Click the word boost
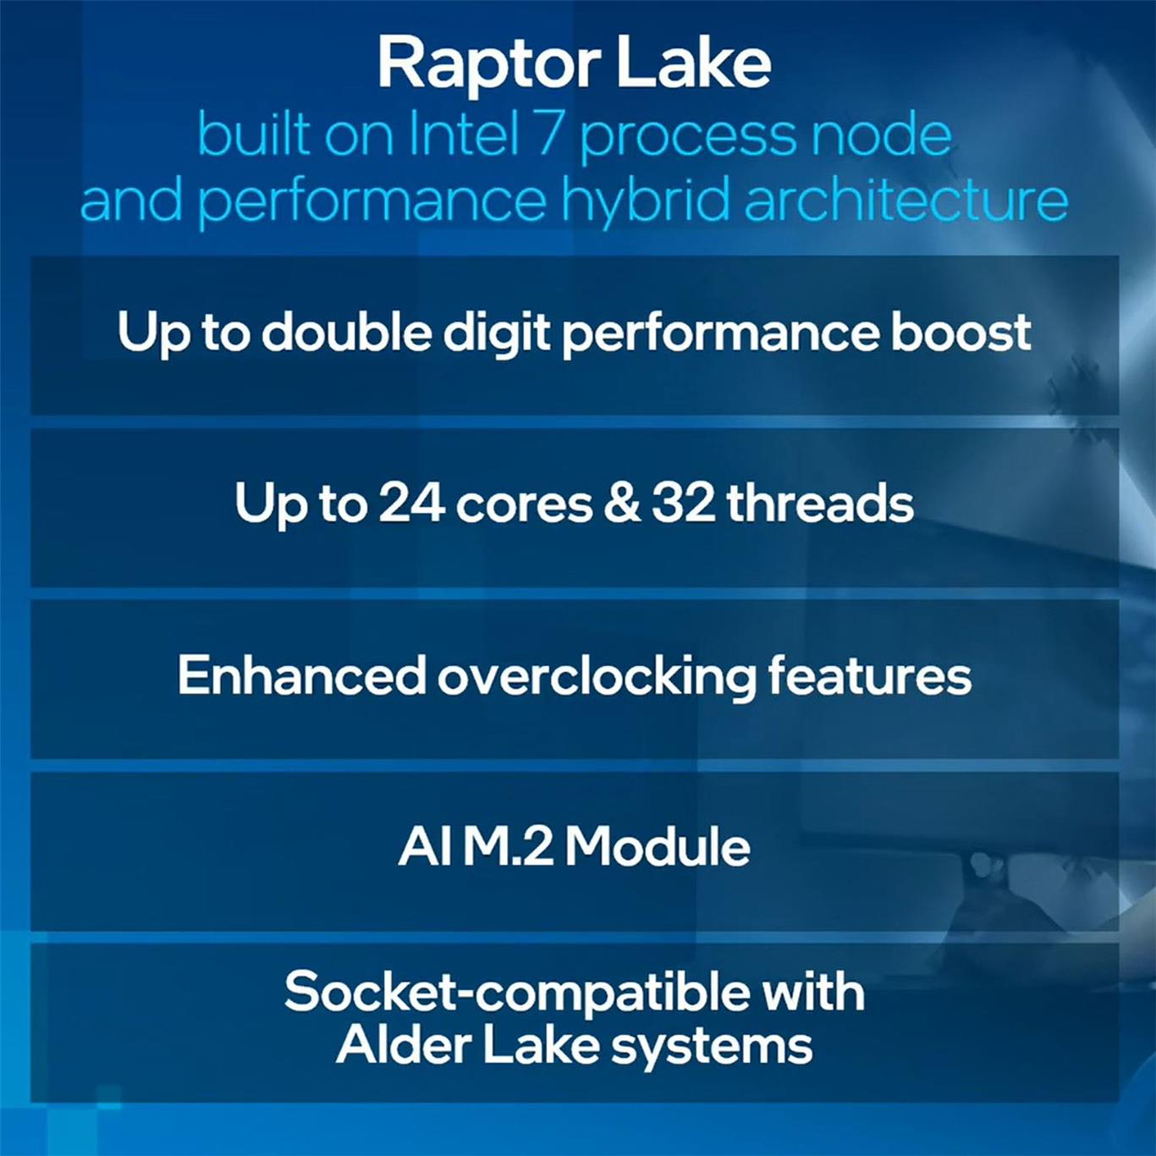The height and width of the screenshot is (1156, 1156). (x=961, y=332)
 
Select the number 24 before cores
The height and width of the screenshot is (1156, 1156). (x=411, y=504)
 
